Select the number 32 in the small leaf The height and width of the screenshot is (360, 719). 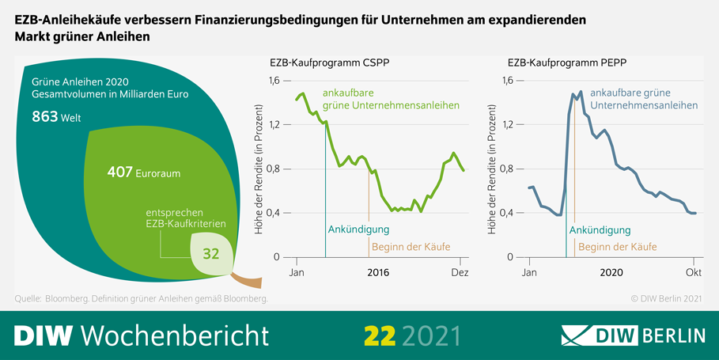210,254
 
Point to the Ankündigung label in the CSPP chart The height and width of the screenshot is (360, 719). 358,230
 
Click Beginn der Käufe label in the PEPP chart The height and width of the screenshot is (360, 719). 617,247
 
